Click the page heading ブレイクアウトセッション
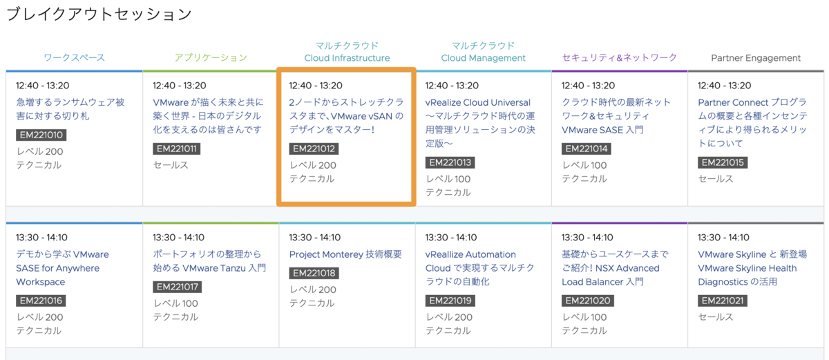(99, 15)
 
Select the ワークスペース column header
(75, 58)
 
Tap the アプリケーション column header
(211, 58)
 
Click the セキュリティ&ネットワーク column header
(620, 58)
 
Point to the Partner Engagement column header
(756, 58)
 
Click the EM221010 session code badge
(41, 135)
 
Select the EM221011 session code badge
(177, 149)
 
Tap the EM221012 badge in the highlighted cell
(314, 149)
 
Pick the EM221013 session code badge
(450, 162)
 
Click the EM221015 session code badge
(723, 162)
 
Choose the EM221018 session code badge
(314, 273)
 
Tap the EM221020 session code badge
(588, 301)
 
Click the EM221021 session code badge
(723, 301)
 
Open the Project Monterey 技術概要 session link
(345, 254)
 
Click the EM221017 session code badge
(178, 287)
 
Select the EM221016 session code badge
(41, 301)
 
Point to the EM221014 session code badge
(587, 149)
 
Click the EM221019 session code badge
(450, 301)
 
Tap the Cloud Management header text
(483, 58)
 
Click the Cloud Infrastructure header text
(347, 58)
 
